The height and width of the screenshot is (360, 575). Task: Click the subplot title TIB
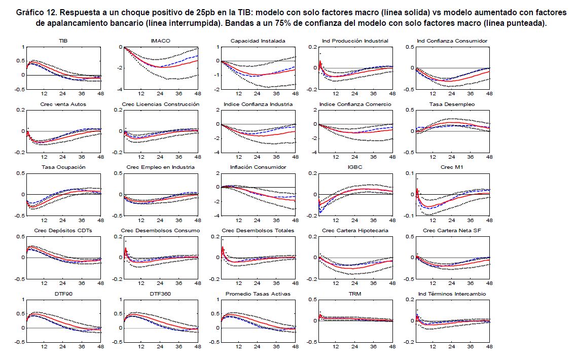(x=62, y=41)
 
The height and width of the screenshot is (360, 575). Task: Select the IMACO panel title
(x=160, y=41)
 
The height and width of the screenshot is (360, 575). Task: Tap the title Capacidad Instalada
(x=258, y=41)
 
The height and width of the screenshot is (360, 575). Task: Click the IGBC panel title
(x=355, y=167)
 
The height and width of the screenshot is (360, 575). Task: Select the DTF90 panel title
(x=62, y=294)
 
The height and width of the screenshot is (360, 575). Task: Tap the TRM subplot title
(x=355, y=294)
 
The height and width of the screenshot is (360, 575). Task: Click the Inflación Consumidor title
(x=258, y=167)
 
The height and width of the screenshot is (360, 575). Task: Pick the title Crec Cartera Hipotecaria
(x=355, y=231)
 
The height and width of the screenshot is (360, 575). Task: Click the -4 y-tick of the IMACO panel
(x=120, y=90)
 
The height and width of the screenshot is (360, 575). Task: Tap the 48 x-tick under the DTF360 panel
(x=197, y=347)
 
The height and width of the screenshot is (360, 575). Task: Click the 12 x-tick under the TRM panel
(x=335, y=347)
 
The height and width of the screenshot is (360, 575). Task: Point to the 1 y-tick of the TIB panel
(x=22, y=47)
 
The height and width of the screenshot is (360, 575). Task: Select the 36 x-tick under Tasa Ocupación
(x=82, y=221)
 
